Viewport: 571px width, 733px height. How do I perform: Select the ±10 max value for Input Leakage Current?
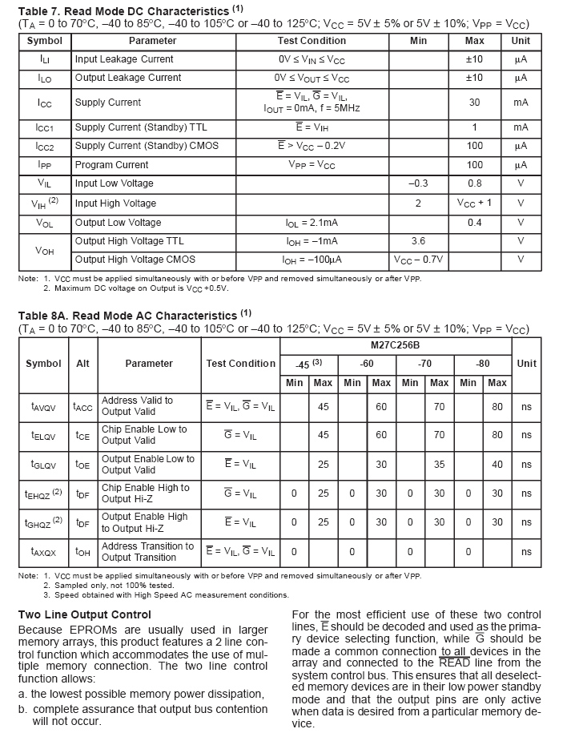click(x=474, y=59)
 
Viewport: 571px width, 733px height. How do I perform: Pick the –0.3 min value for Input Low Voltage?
click(x=418, y=183)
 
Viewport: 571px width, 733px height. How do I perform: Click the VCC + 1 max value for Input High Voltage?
click(x=474, y=203)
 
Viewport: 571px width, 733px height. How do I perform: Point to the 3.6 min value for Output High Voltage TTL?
click(x=418, y=241)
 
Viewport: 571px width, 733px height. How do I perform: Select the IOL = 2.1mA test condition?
click(x=312, y=223)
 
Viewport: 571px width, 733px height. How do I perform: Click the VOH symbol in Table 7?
click(x=45, y=251)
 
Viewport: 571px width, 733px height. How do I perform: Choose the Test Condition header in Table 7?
click(x=312, y=41)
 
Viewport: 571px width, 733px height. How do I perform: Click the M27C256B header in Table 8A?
click(x=396, y=345)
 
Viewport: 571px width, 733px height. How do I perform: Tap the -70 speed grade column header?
click(x=424, y=364)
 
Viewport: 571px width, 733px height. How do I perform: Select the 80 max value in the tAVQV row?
click(x=497, y=407)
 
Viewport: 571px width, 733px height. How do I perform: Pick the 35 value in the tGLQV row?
click(x=439, y=465)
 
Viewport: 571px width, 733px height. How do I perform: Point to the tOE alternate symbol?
click(x=82, y=465)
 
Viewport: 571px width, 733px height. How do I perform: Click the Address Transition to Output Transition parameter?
click(x=147, y=552)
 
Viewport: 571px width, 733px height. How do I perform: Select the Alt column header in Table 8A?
click(x=82, y=364)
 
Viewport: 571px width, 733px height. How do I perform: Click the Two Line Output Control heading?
click(x=84, y=614)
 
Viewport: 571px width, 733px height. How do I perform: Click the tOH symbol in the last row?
click(x=82, y=552)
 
